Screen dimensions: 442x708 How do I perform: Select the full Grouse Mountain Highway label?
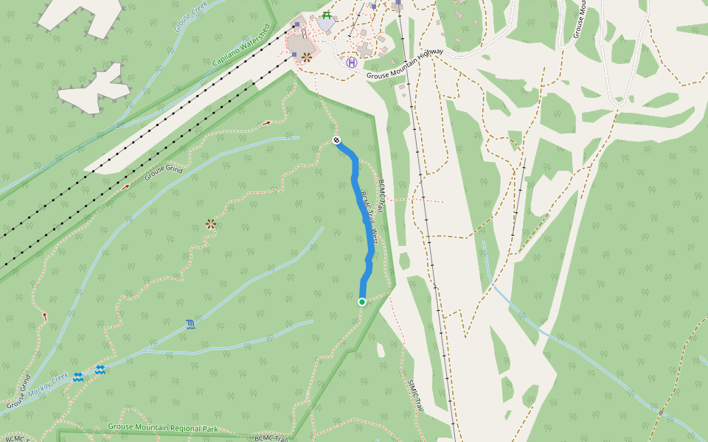405,63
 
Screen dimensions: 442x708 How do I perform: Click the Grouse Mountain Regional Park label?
163,427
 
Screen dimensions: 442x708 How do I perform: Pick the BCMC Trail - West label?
369,218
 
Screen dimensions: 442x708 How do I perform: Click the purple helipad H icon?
352,63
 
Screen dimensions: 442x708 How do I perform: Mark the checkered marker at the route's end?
336,140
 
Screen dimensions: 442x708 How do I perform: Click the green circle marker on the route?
362,302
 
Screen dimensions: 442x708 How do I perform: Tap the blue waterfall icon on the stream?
191,324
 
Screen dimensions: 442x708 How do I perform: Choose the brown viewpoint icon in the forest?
211,223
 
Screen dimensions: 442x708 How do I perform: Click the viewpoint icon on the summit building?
306,57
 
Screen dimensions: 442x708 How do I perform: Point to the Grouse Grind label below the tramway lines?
163,173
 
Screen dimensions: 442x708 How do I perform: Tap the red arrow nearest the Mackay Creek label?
45,317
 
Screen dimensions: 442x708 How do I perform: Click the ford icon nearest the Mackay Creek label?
77,377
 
